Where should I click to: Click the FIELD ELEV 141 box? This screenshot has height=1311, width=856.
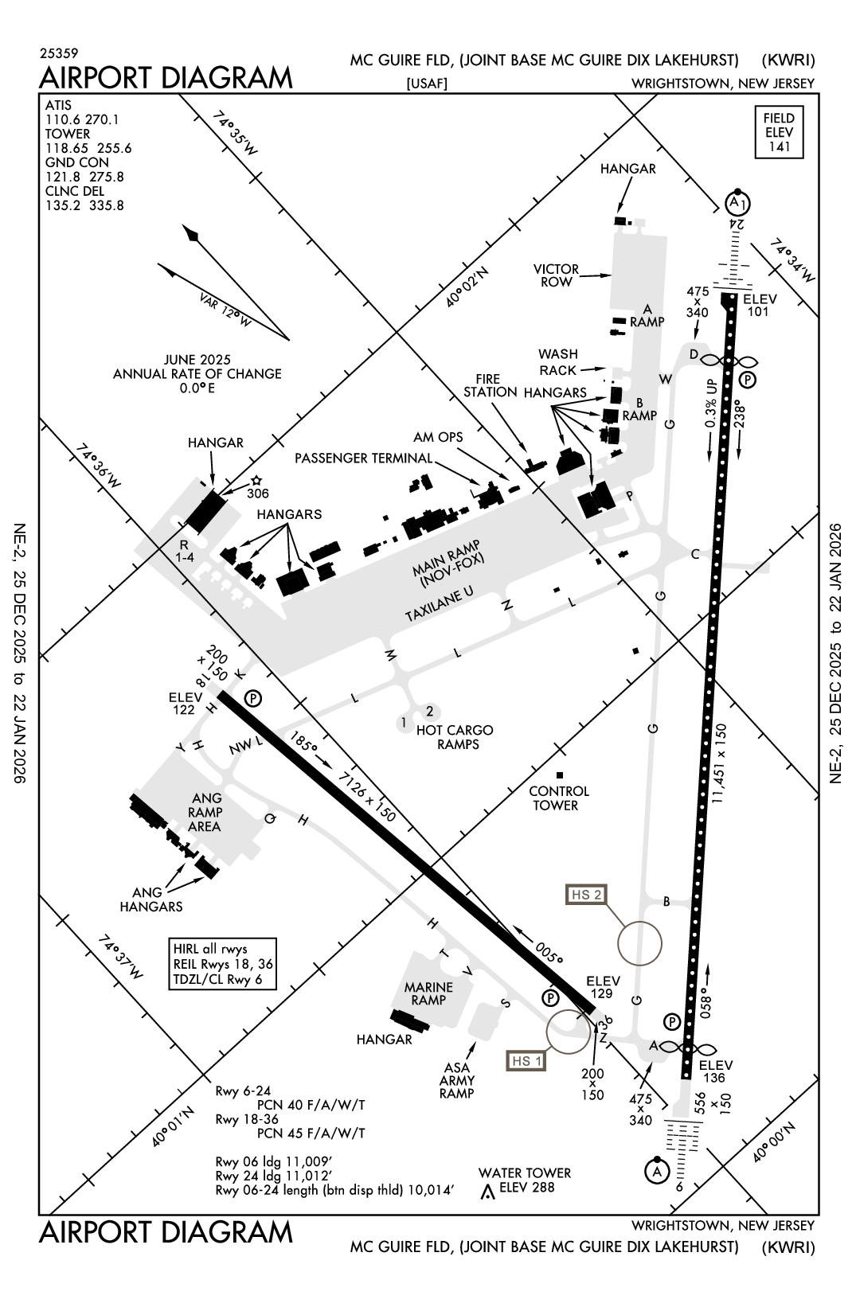click(x=780, y=132)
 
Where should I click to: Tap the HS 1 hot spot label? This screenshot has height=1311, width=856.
click(x=527, y=1060)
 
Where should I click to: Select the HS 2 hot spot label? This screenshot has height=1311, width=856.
click(x=585, y=894)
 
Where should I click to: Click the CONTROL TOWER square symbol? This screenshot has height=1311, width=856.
click(x=560, y=775)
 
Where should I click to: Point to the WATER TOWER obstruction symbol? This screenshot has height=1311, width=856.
click(x=487, y=1192)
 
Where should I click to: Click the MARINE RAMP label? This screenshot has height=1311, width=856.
click(x=428, y=993)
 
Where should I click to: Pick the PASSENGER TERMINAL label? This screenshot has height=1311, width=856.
click(x=363, y=458)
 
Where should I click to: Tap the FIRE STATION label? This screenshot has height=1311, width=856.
click(x=491, y=385)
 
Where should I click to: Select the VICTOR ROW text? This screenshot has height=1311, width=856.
click(x=556, y=275)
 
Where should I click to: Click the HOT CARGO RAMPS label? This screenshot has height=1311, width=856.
click(x=455, y=737)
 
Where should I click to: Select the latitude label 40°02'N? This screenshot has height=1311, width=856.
click(x=467, y=286)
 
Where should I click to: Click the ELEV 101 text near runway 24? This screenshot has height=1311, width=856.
click(x=759, y=305)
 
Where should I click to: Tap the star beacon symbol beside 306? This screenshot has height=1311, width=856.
click(x=256, y=481)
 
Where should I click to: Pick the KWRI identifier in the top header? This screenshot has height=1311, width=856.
click(x=788, y=60)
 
